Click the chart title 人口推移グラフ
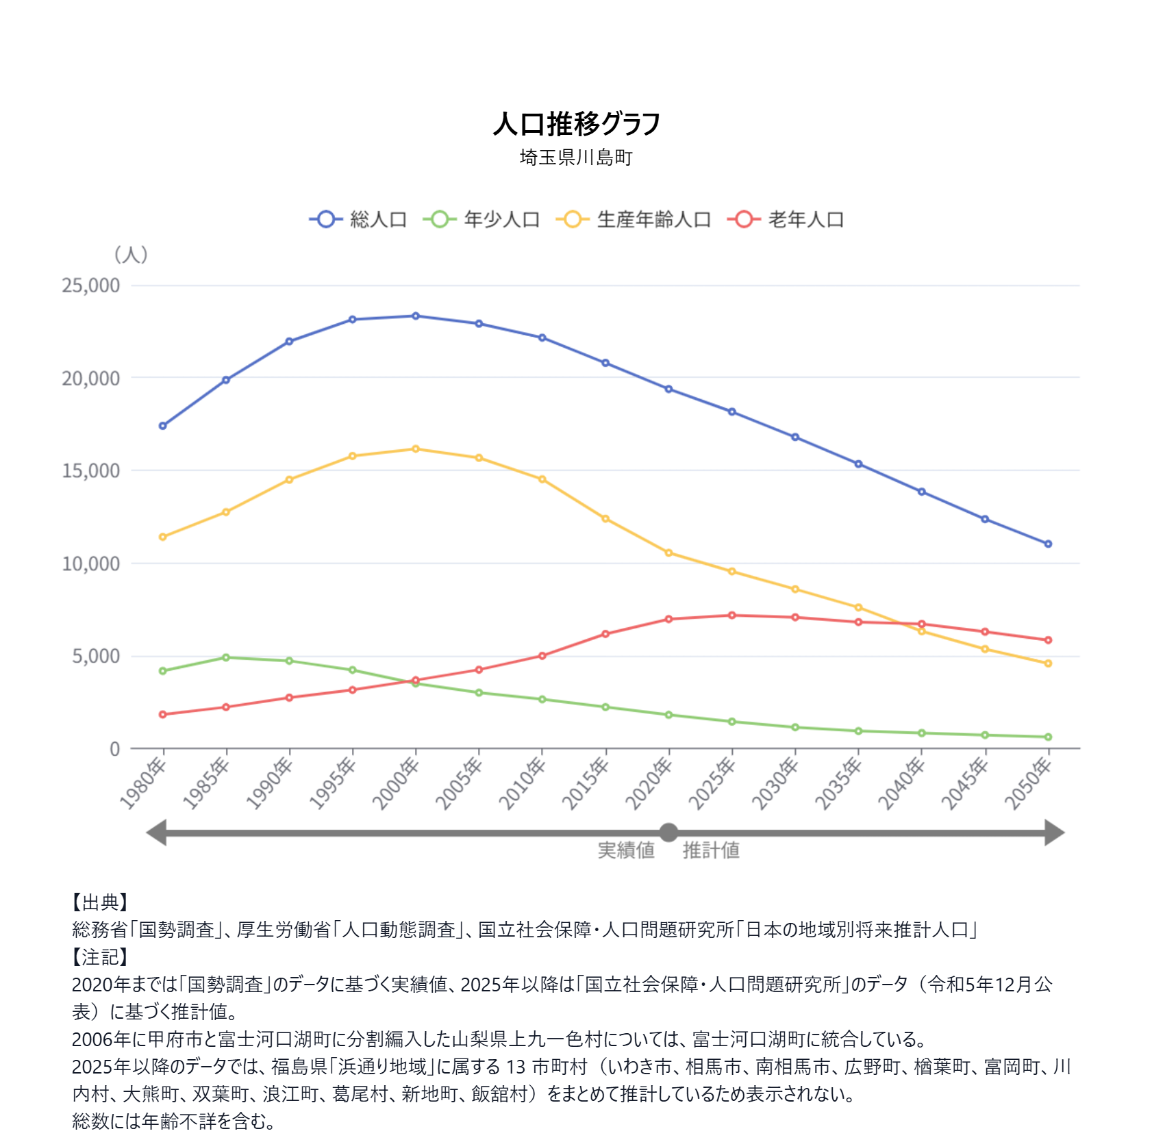click(576, 124)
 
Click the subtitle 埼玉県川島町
click(576, 157)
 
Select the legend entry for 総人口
click(358, 219)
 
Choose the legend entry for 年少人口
click(481, 219)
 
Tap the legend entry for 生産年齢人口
click(634, 219)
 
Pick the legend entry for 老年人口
click(786, 219)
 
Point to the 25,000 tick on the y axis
click(91, 285)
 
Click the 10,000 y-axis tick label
click(91, 563)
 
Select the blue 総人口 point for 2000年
click(416, 316)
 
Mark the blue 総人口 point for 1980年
click(163, 426)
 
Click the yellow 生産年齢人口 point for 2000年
click(416, 449)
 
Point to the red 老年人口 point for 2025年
click(732, 616)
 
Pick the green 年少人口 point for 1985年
click(226, 657)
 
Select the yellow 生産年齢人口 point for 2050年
click(1048, 663)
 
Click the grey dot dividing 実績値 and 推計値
click(668, 833)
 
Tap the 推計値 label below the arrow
click(711, 850)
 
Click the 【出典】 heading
click(100, 902)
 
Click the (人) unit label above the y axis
click(131, 255)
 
